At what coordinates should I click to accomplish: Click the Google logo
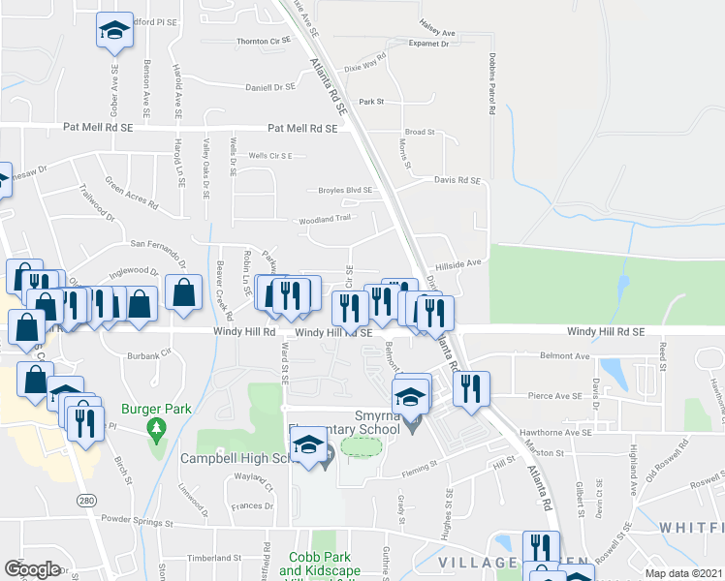[32, 569]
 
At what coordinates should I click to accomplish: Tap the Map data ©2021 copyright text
[682, 573]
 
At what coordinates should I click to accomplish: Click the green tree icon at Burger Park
[153, 427]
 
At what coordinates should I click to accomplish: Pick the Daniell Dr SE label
[269, 87]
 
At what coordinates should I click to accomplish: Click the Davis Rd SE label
[457, 180]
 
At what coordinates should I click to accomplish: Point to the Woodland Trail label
[323, 219]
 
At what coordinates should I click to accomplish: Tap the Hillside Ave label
[457, 262]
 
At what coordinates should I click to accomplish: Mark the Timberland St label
[213, 559]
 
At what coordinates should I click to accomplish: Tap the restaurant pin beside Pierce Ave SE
[471, 389]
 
